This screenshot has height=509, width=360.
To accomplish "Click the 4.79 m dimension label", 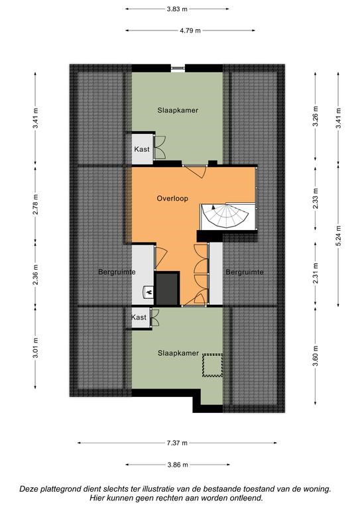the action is tap(190, 30).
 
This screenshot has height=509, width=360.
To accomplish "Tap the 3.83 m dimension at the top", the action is tap(177, 9).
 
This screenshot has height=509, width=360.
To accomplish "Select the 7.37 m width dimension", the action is tap(177, 443).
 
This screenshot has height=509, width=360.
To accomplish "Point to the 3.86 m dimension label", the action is tap(178, 465).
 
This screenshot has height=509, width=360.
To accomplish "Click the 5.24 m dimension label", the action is tap(339, 235).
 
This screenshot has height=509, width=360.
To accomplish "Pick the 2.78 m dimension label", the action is tap(36, 204).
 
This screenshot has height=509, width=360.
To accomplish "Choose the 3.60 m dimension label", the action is tap(316, 356).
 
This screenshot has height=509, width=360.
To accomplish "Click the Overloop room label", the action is tap(172, 198).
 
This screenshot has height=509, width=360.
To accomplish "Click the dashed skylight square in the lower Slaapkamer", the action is tap(212, 365).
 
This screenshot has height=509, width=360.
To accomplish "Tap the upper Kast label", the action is tap(142, 149).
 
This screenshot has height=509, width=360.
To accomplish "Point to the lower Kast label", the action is tap(139, 317).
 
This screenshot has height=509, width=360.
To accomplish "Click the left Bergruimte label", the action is tap(117, 272).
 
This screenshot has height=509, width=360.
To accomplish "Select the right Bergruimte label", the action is tap(245, 272).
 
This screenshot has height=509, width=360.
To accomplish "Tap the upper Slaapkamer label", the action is tap(178, 111).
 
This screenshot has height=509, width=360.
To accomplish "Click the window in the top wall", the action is tap(178, 68).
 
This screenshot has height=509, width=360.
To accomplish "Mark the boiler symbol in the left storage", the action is tap(149, 292).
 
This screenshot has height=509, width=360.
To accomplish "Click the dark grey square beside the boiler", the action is tap(167, 288).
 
